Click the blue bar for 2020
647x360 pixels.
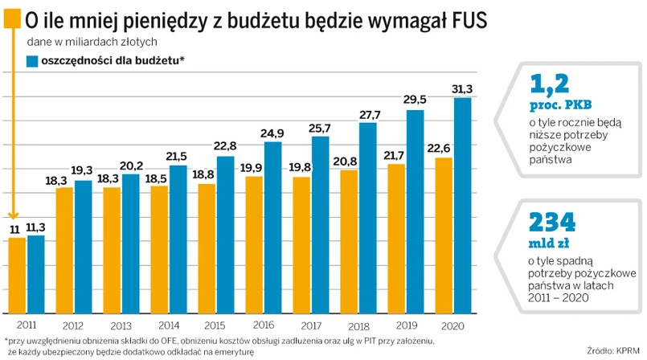coord(462,204)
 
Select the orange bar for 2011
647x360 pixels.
coord(16,273)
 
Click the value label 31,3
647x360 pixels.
coord(461,88)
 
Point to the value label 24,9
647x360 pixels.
coord(272,133)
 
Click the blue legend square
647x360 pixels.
coord(31,60)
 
